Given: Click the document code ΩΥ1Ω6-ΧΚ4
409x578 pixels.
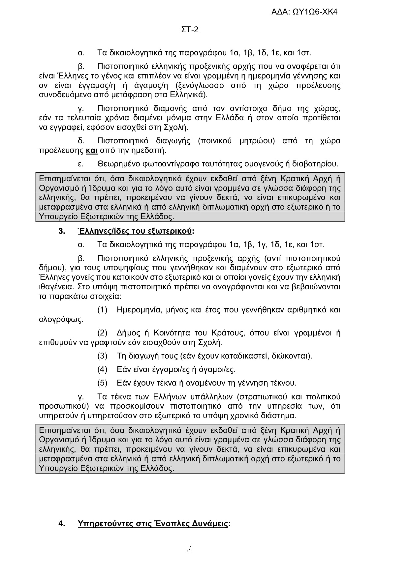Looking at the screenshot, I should pyautogui.click(x=315, y=12).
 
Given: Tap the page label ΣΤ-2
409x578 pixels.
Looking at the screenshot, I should pyautogui.click(x=190, y=30).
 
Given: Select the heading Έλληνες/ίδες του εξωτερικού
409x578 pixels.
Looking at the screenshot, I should pyautogui.click(x=135, y=231).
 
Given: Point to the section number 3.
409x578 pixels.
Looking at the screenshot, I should pyautogui.click(x=61, y=231).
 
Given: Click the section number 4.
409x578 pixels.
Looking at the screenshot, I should pyautogui.click(x=61, y=524).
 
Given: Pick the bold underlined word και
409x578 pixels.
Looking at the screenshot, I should pyautogui.click(x=92, y=151).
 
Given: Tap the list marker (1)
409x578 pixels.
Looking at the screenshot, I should pyautogui.click(x=102, y=310).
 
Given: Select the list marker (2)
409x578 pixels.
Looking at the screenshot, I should pyautogui.click(x=102, y=333).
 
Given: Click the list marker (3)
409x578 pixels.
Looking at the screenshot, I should pyautogui.click(x=102, y=356).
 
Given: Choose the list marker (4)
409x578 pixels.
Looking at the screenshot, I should pyautogui.click(x=102, y=369).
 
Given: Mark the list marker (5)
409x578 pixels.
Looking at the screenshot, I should pyautogui.click(x=102, y=383).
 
